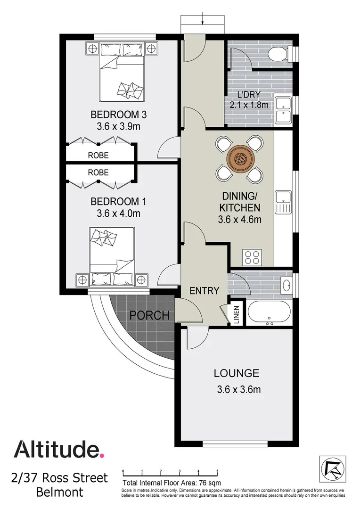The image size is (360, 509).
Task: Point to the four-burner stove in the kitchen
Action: point(252,257)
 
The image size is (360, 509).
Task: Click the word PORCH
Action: point(150,315)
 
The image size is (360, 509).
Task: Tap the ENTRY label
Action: point(205,291)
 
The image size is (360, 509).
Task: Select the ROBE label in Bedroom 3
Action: point(98,155)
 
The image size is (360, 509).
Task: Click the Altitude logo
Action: point(58,449)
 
